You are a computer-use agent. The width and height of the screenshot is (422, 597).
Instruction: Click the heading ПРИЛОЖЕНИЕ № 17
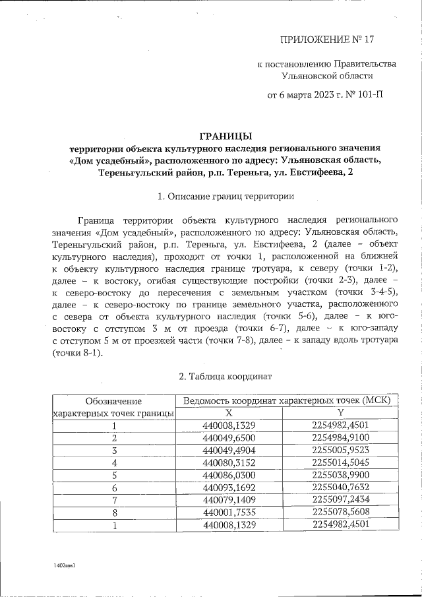click(327, 40)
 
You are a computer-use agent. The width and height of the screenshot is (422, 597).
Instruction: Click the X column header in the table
click(229, 413)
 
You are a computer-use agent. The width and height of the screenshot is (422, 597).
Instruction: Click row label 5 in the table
click(114, 475)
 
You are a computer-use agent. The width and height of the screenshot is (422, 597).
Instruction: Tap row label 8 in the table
click(114, 513)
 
